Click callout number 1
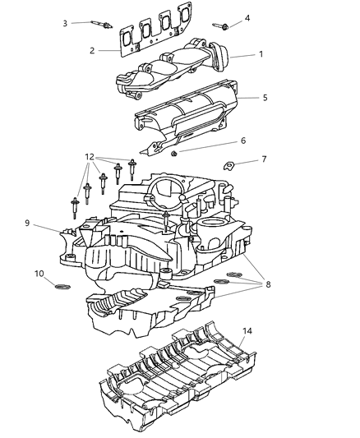pyautogui.click(x=261, y=55)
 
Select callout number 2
pyautogui.click(x=93, y=51)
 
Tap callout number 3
pyautogui.click(x=65, y=22)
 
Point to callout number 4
pyautogui.click(x=247, y=17)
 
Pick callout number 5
pyautogui.click(x=264, y=98)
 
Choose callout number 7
pyautogui.click(x=263, y=159)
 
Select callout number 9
pyautogui.click(x=27, y=222)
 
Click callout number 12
pyautogui.click(x=88, y=156)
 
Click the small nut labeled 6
pyautogui.click(x=174, y=153)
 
